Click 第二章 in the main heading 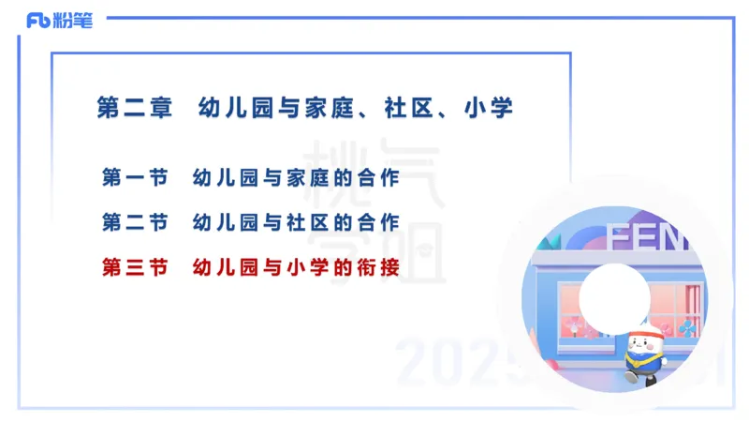(x=136, y=107)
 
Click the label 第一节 (x=134, y=177)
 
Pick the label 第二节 (x=134, y=223)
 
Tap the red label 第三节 (x=134, y=268)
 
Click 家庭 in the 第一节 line (x=307, y=177)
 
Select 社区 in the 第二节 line (x=307, y=223)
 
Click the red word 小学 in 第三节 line (x=307, y=268)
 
